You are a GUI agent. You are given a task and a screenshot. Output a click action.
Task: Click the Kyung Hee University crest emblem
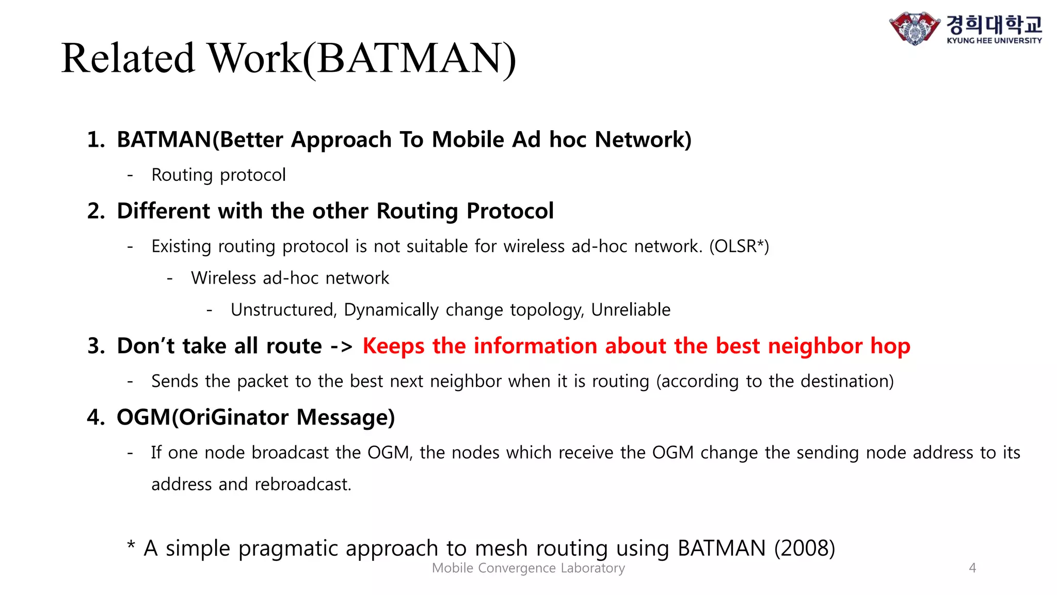tap(914, 28)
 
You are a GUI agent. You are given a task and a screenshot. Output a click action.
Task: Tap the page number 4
tap(972, 568)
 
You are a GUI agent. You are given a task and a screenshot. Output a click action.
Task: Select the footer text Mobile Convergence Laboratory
tap(528, 568)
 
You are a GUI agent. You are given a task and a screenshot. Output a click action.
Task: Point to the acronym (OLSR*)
tap(739, 246)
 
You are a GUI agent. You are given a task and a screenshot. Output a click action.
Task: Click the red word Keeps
tap(394, 346)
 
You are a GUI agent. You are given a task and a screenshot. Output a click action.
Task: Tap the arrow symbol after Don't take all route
tap(341, 347)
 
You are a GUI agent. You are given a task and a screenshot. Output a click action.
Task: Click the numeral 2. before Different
tap(96, 211)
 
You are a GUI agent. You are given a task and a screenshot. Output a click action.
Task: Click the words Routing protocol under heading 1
tap(218, 175)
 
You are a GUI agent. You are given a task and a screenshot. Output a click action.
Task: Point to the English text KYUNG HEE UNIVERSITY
tap(994, 40)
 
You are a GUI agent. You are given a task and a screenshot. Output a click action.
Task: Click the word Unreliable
tap(631, 310)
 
